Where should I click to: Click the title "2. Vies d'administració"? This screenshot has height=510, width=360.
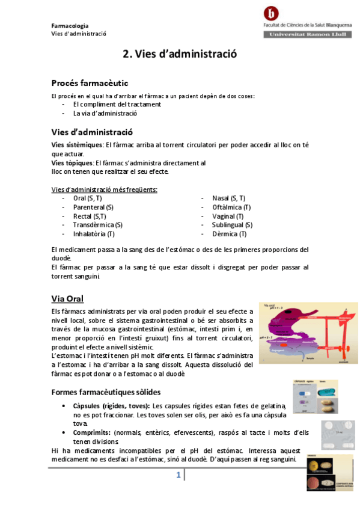pyautogui.click(x=180, y=54)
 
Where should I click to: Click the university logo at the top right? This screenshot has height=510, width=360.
pyautogui.click(x=273, y=13)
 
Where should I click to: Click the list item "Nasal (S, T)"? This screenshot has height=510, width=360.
pyautogui.click(x=228, y=198)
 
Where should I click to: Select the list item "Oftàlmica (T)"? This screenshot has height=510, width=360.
pyautogui.click(x=231, y=207)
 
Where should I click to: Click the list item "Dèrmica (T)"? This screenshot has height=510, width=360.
pyautogui.click(x=229, y=234)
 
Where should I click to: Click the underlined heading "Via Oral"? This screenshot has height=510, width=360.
pyautogui.click(x=67, y=299)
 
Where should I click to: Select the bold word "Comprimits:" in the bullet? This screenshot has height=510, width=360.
pyautogui.click(x=92, y=432)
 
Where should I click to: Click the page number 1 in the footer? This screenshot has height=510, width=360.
pyautogui.click(x=178, y=476)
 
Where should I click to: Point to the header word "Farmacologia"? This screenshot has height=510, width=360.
pyautogui.click(x=70, y=26)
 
